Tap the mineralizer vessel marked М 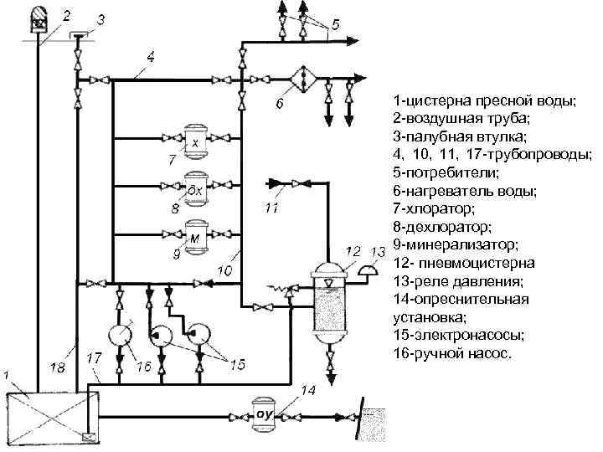coord(197,236)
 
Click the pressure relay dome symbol coord(365,270)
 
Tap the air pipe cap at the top coord(37,17)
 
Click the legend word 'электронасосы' coord(459,335)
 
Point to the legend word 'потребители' coord(453,172)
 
